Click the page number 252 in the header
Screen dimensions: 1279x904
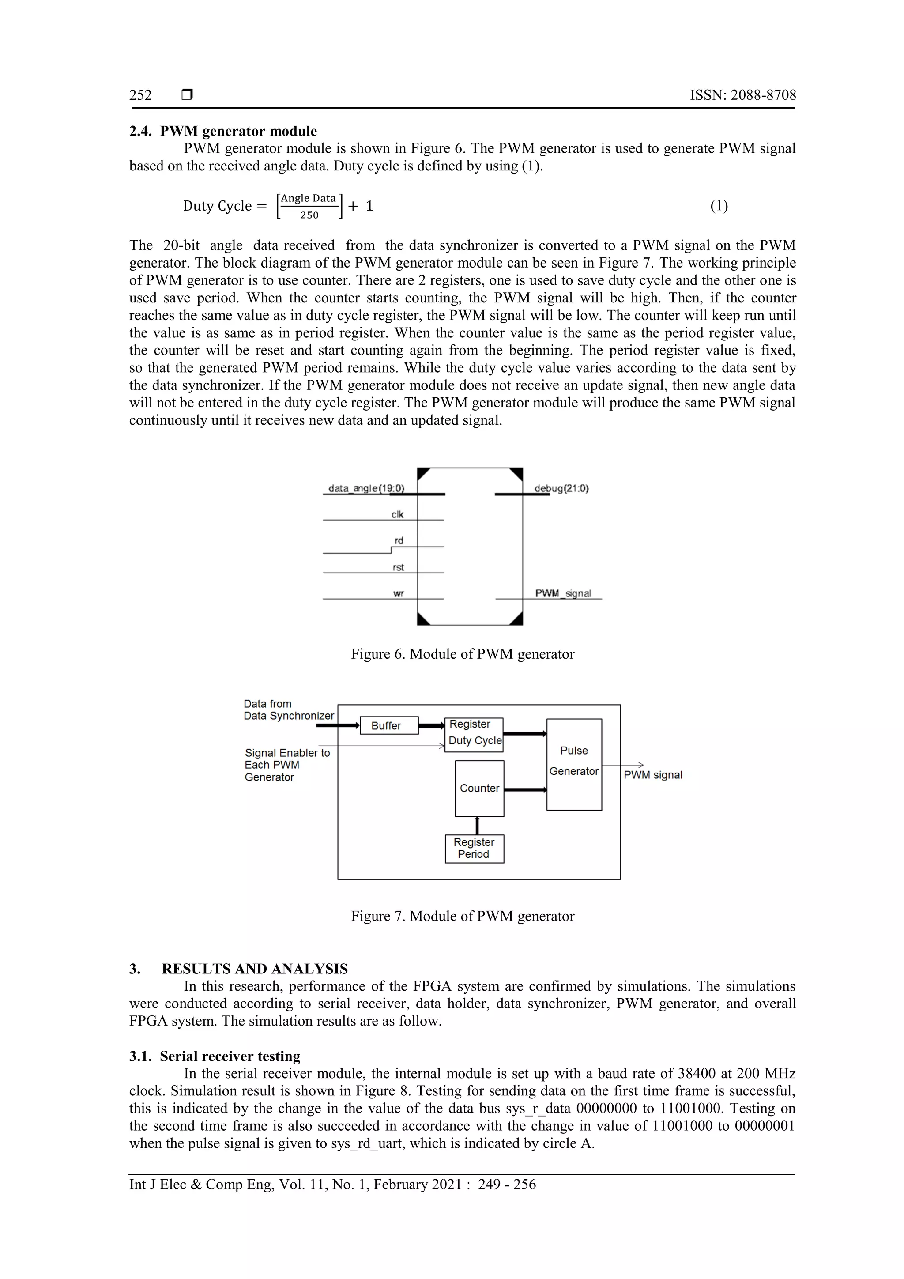140,95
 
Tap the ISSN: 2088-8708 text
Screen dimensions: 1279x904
742,95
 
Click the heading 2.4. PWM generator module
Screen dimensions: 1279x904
223,131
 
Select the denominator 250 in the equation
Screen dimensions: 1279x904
309,215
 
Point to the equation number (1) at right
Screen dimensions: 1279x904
719,206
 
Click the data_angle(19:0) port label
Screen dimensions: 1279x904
366,489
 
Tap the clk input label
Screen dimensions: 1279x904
397,514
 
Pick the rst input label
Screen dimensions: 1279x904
398,567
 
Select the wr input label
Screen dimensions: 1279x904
398,593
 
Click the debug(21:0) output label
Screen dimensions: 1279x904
561,489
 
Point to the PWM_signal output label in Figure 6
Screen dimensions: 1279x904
562,593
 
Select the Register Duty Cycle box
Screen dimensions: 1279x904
474,734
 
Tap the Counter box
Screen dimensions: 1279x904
479,788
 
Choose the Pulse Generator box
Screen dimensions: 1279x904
574,764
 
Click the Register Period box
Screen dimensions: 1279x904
474,849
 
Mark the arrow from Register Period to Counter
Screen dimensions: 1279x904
477,825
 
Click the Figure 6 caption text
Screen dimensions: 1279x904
462,654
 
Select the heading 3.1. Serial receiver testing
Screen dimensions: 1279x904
215,1056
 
